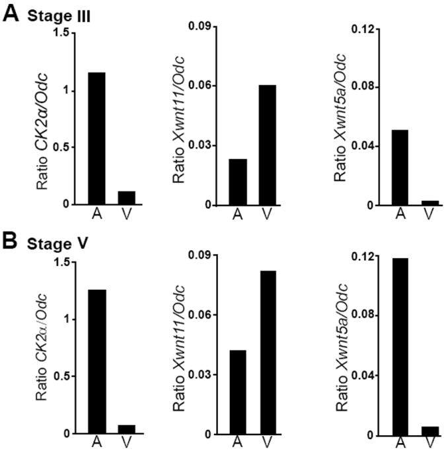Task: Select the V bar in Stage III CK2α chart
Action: tap(126, 198)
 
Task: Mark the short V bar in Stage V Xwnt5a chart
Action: tap(430, 431)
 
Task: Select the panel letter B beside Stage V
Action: tap(11, 242)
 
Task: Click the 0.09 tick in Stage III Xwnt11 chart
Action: tap(202, 26)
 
